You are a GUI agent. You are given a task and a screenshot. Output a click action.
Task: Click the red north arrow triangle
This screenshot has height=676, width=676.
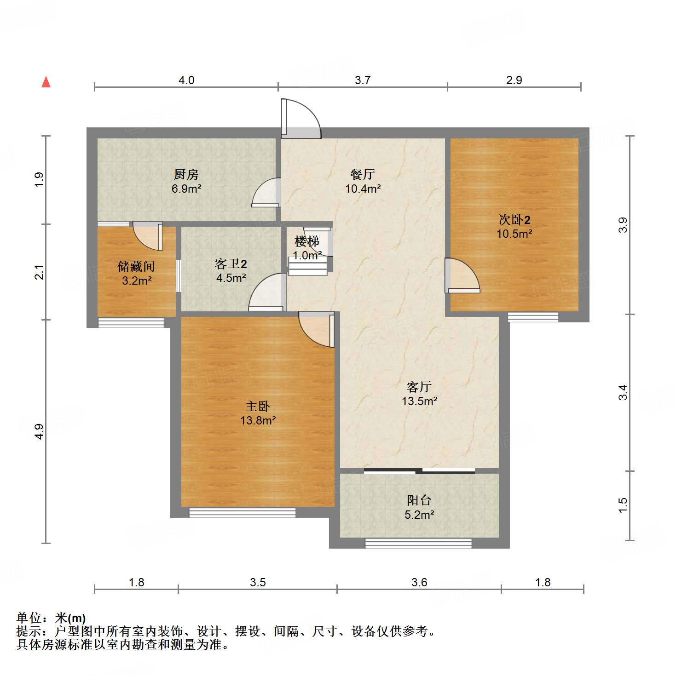point(46,82)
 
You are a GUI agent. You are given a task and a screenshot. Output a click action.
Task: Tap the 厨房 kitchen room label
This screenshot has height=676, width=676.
point(186,174)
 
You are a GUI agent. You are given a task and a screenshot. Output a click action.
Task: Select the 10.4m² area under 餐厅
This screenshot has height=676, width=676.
point(363,188)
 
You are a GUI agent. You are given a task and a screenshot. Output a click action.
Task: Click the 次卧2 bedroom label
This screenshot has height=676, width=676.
point(514,220)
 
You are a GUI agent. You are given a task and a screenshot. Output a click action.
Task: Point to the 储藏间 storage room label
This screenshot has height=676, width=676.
point(136,267)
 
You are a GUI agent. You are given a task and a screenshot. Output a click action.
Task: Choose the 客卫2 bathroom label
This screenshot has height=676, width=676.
point(231,264)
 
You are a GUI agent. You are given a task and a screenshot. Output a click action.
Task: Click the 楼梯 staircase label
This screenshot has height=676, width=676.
point(307,241)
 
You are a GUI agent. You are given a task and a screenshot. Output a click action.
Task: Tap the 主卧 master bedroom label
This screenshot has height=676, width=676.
point(258,407)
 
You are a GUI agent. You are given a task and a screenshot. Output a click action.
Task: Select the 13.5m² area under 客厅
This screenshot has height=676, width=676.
point(419,401)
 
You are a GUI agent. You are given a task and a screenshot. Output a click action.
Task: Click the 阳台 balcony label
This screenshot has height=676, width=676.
point(419,500)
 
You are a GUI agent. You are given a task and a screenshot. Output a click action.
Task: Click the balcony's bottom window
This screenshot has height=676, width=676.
point(418,543)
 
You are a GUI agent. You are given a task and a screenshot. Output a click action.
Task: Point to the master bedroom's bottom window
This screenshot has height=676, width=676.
point(243,512)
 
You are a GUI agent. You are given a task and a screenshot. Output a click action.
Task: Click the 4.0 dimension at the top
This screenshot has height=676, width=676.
point(186,80)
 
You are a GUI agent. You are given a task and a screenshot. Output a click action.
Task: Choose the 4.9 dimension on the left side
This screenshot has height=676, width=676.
point(40,431)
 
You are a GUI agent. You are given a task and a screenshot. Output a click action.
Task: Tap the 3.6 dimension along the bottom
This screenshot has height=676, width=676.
point(419,583)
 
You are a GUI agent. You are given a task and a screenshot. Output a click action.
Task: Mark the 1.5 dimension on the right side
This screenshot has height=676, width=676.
point(623,505)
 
